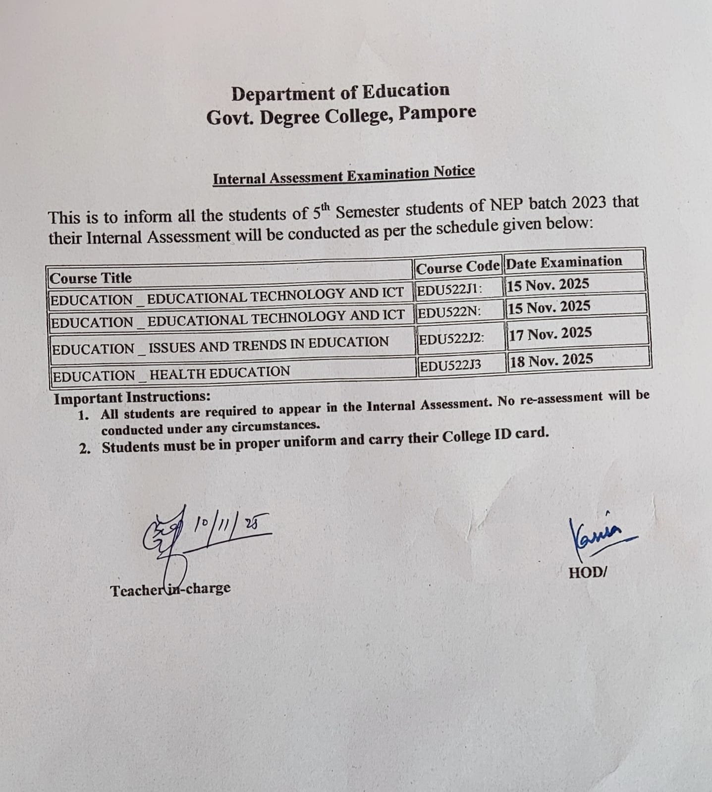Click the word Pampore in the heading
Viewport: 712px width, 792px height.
(437, 113)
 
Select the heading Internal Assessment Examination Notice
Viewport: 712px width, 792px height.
(344, 175)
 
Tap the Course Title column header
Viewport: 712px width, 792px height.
(91, 278)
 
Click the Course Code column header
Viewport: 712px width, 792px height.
(458, 267)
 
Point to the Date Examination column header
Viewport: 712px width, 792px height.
(564, 262)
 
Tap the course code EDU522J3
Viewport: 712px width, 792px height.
(450, 366)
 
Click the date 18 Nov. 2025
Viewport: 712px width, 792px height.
(551, 360)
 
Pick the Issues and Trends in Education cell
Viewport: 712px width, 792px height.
(220, 345)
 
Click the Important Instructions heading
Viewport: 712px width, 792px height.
(132, 397)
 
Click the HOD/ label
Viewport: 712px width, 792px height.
(588, 573)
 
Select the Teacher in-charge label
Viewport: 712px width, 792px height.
(170, 589)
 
